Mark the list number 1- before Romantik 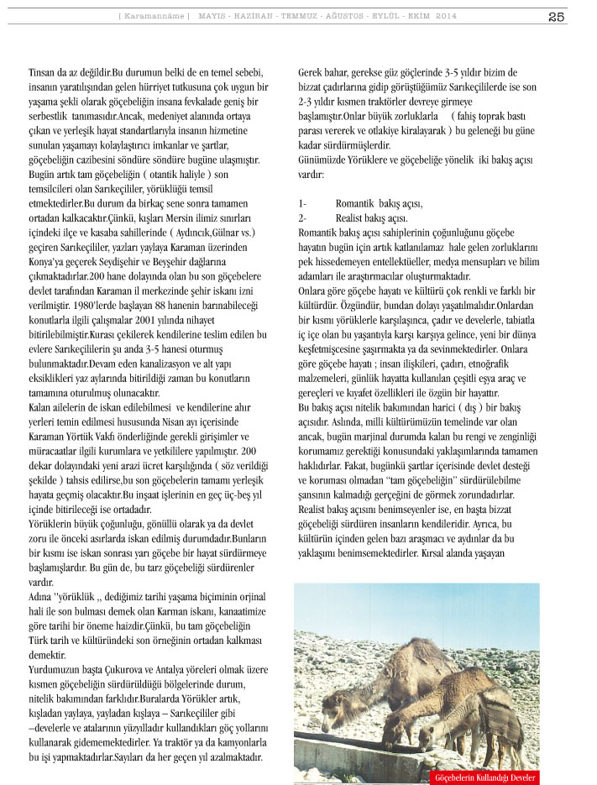303,204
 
